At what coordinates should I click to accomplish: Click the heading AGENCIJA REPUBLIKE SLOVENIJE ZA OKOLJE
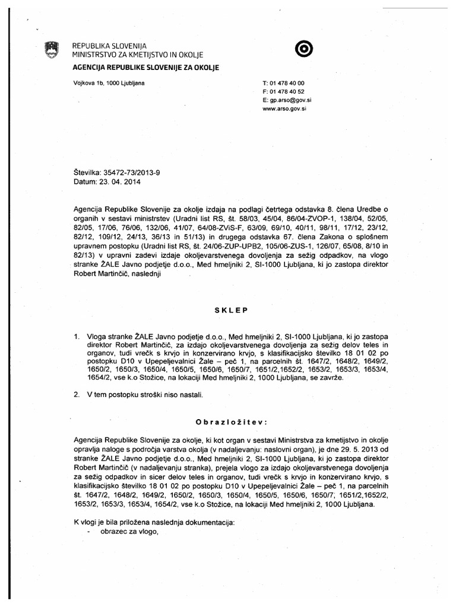pos(145,68)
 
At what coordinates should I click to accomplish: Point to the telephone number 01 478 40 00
pos(289,84)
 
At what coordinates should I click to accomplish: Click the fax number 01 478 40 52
pos(289,92)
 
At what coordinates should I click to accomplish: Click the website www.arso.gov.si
pos(284,110)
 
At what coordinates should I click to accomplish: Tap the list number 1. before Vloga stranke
pos(77,336)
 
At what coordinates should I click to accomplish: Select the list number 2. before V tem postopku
pos(77,394)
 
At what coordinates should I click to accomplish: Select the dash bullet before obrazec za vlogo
pos(88,531)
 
